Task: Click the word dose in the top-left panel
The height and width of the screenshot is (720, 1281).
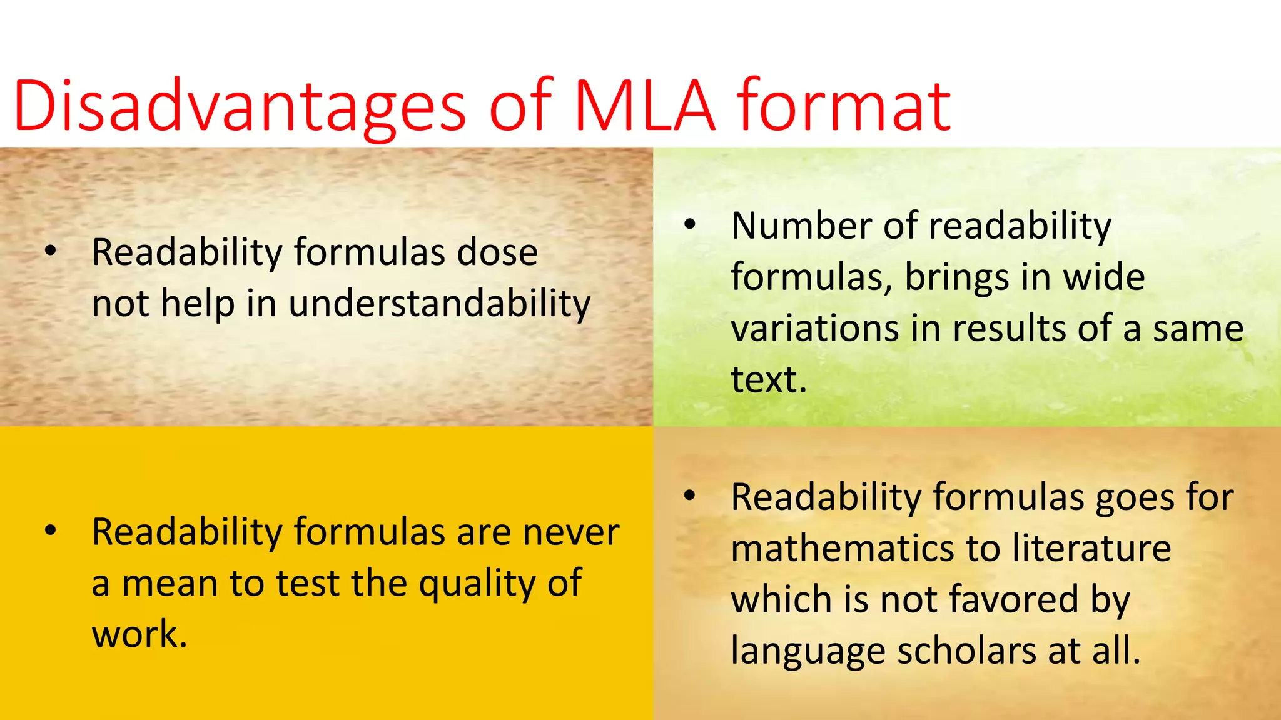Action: pos(497,252)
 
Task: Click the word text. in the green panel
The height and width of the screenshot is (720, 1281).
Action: pos(769,379)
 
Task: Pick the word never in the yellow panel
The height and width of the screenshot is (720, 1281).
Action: pos(571,532)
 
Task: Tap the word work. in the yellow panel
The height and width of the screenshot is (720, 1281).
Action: pos(139,635)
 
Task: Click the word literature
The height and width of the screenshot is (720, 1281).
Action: pos(1091,549)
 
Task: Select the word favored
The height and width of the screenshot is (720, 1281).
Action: pos(1013,600)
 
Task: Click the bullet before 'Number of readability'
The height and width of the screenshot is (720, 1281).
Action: pos(689,225)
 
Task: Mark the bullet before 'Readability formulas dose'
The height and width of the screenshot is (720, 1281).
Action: pos(51,252)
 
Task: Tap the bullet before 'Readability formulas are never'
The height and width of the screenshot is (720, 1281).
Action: pos(51,532)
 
